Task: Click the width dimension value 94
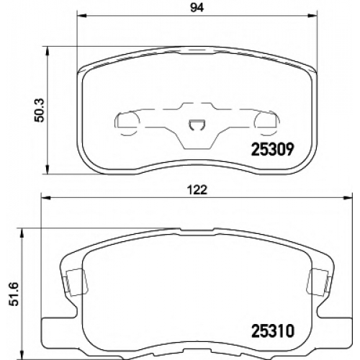click(197, 8)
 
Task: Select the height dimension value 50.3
click(38, 110)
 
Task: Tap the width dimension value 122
click(198, 190)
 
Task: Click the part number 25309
click(272, 149)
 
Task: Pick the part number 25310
click(273, 331)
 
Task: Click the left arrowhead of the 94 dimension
click(81, 16)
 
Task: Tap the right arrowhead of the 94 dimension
click(312, 16)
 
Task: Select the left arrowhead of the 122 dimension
click(47, 198)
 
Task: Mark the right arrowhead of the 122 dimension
click(348, 198)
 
